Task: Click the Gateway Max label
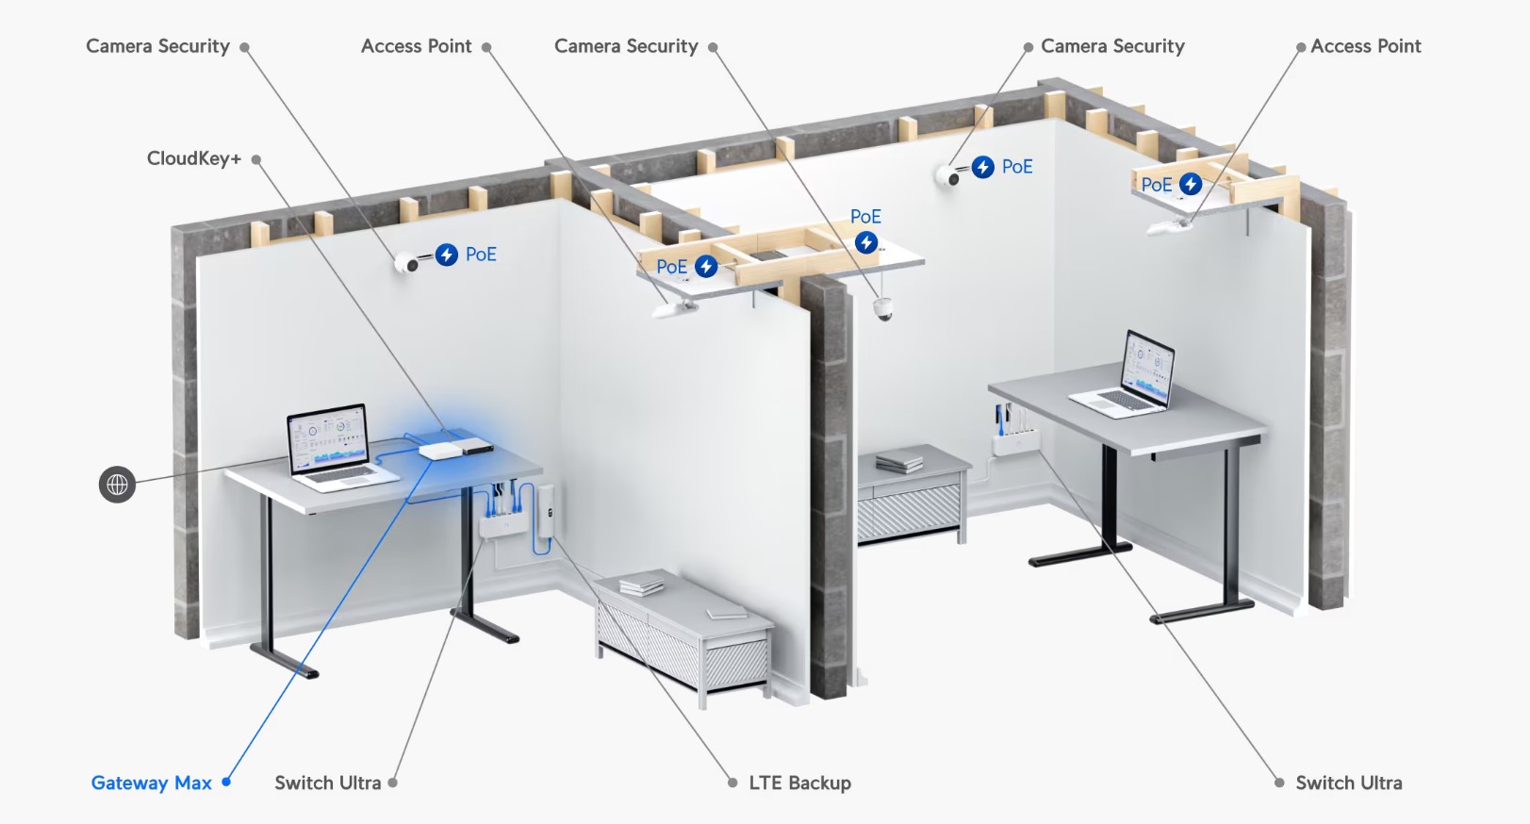(151, 783)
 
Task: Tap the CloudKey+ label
(194, 158)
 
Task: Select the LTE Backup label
(799, 783)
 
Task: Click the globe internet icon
(118, 485)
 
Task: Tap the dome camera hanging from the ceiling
(882, 308)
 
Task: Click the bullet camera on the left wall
(407, 262)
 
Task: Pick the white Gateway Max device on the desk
(441, 451)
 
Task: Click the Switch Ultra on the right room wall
(1015, 442)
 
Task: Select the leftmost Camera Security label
(157, 46)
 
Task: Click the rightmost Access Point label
(1366, 46)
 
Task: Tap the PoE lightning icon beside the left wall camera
(447, 255)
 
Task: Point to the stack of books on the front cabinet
(641, 585)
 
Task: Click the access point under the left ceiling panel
(676, 309)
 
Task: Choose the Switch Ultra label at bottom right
(1349, 783)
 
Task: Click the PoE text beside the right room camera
(1017, 167)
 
